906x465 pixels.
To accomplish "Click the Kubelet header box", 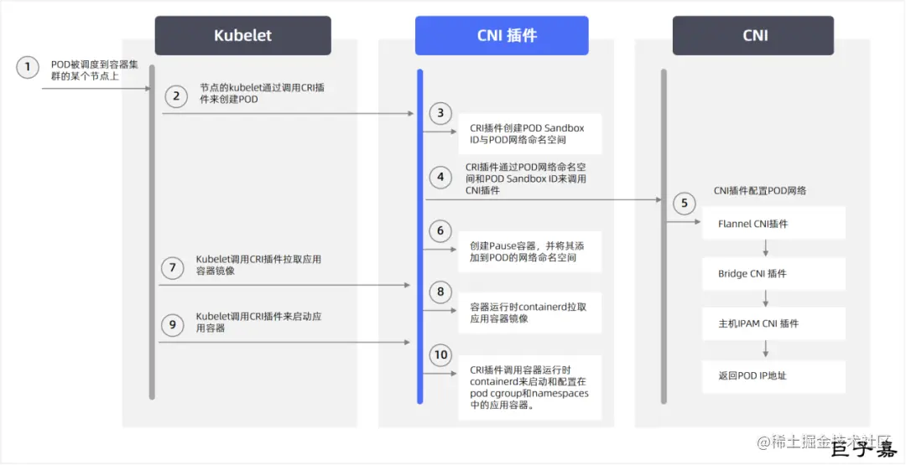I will click(242, 36).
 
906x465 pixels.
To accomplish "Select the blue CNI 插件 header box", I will click(502, 36).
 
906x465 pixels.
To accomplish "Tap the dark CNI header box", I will click(753, 36).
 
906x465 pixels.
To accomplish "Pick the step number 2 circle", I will click(176, 96).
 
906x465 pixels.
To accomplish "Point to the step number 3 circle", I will click(440, 113).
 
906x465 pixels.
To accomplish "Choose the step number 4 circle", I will click(440, 177).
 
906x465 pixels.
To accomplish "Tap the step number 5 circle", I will click(684, 203).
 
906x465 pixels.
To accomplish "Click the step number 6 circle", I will click(440, 230).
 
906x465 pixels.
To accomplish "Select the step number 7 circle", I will click(173, 267).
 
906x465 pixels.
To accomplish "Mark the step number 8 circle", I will click(440, 292).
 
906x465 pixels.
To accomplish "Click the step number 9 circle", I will click(173, 324).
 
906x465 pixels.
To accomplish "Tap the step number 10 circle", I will click(440, 354).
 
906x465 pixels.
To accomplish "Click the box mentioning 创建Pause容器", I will click(529, 251).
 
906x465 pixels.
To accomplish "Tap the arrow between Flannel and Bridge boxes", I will click(765, 249).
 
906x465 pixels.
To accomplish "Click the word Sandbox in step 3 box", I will click(564, 128).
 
